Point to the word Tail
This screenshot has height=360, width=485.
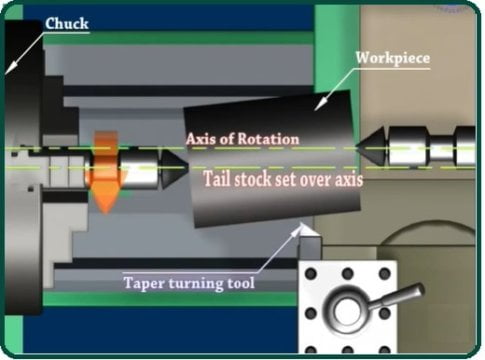tap(221, 181)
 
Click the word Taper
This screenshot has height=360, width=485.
tap(146, 283)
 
